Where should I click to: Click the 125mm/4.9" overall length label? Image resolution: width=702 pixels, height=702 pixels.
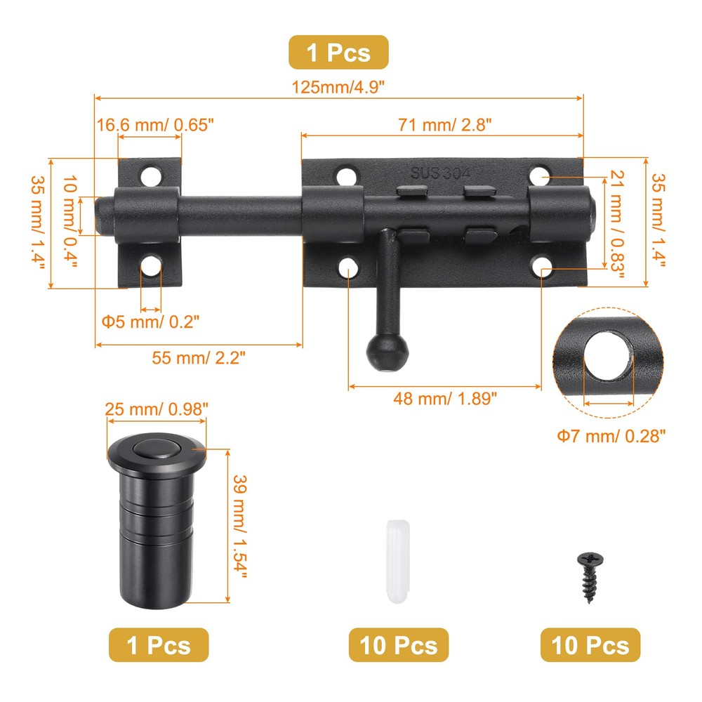(x=339, y=87)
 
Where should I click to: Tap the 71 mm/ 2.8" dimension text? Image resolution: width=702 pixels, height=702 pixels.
(x=444, y=124)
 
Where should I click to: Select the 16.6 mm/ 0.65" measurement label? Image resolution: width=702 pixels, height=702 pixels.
(x=155, y=124)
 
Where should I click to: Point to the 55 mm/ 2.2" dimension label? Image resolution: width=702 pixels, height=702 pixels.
(x=199, y=357)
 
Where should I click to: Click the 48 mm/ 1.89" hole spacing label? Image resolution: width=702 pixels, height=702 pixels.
(x=446, y=398)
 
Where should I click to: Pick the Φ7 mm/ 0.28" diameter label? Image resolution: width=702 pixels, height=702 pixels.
(x=611, y=436)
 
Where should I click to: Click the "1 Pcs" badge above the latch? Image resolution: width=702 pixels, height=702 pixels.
(x=338, y=52)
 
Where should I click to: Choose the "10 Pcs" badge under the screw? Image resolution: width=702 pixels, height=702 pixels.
(x=590, y=644)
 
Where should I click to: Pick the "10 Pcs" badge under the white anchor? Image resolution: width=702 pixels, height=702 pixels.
(x=399, y=644)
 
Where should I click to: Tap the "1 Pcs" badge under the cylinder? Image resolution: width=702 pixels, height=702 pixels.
(x=158, y=644)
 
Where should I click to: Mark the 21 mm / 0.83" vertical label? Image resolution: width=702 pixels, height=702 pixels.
(x=616, y=223)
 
